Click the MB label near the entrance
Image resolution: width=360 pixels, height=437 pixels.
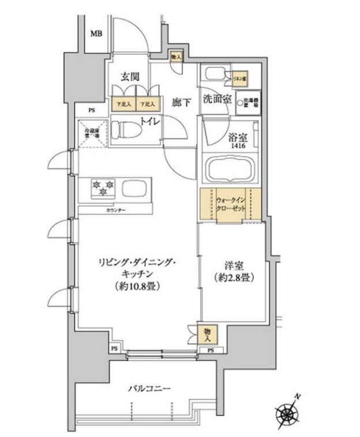(x=96, y=33)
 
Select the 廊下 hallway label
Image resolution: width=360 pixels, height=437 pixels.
(x=181, y=102)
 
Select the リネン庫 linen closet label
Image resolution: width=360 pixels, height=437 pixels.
(x=239, y=77)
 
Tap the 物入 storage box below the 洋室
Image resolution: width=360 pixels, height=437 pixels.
(x=205, y=333)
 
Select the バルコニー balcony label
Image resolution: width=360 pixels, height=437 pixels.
(x=149, y=389)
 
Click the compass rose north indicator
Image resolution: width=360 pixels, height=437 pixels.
(x=287, y=414)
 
